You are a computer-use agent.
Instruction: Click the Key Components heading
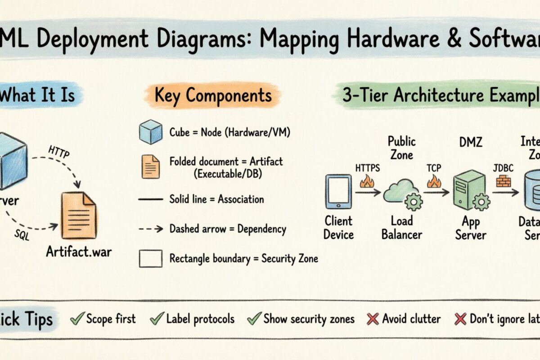coord(213,95)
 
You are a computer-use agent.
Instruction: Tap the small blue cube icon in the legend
coord(150,132)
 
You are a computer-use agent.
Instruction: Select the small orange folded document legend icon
coord(150,166)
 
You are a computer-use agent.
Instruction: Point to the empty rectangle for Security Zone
coord(150,259)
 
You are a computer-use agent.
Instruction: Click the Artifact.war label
coord(79,251)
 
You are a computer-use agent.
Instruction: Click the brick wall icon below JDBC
coord(503,181)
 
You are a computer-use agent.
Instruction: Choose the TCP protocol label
coord(434,168)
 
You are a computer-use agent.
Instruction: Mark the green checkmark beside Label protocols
coord(156,319)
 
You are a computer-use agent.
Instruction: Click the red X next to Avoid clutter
coord(372,319)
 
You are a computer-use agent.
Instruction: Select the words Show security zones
coord(309,319)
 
